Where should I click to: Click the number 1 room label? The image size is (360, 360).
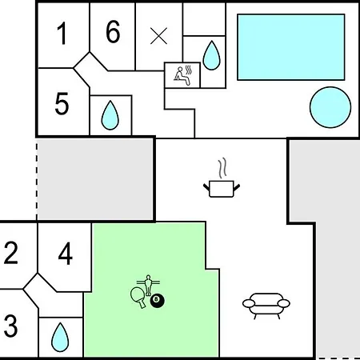[62, 34]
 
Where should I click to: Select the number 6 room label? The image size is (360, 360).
[113, 31]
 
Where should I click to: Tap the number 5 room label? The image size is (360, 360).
[62, 103]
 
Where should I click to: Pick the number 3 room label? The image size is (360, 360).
[10, 326]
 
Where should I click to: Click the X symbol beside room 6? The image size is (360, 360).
[158, 36]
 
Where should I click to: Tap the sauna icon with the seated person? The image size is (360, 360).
[183, 76]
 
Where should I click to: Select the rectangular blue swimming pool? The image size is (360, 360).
[291, 47]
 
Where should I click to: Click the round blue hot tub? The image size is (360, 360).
[330, 107]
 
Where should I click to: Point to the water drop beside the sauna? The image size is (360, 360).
[211, 55]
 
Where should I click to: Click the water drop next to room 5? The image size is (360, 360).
[110, 115]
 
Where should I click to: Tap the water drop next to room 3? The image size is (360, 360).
[60, 338]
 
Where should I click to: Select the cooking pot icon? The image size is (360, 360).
[222, 189]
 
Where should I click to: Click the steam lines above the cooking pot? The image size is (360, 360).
[222, 168]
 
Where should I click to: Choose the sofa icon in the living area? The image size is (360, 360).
[266, 306]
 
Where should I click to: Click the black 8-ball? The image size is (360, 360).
[158, 301]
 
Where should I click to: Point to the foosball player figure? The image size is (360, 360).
[148, 285]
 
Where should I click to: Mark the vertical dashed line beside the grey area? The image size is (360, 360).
[37, 182]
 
